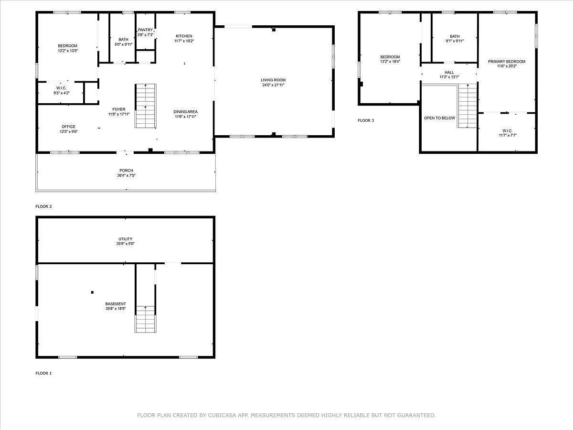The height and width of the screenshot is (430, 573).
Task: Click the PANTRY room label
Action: tap(145, 30)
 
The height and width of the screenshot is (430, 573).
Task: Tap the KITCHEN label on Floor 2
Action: tap(184, 36)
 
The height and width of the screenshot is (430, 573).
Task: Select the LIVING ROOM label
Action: tap(273, 80)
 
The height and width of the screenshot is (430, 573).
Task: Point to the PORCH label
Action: tap(126, 171)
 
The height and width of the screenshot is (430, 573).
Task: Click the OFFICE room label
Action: tap(68, 127)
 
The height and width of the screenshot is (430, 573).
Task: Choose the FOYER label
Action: tap(118, 109)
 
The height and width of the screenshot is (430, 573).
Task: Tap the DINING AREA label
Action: tap(185, 112)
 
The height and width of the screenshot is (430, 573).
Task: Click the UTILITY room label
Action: tap(126, 239)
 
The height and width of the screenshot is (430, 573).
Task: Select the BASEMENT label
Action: tap(116, 304)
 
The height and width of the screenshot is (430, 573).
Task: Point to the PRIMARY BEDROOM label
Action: tap(506, 62)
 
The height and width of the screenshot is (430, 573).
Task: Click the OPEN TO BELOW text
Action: tap(439, 118)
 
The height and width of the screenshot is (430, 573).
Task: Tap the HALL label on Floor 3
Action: tap(449, 73)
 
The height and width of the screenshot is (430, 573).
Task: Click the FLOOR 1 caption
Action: tap(43, 373)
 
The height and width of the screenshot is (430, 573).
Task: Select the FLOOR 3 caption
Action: tap(366, 120)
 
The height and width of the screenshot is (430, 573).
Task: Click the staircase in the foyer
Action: tap(145, 106)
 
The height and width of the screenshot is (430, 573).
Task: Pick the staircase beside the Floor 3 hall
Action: tap(467, 106)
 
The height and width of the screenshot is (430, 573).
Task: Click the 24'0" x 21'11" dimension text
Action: tap(273, 85)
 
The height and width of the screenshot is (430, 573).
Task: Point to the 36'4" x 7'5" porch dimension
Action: tap(126, 175)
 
